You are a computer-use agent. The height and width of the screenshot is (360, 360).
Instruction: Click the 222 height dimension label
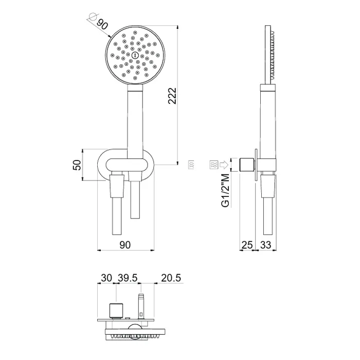point(172,96)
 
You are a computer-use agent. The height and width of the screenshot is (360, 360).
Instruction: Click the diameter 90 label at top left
point(102,24)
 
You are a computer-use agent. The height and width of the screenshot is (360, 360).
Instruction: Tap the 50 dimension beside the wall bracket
point(77,165)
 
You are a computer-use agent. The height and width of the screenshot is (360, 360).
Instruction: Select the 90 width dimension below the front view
point(125,245)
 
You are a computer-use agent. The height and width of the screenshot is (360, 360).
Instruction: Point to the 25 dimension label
point(247,245)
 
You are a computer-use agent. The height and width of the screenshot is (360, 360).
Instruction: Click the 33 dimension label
point(266,245)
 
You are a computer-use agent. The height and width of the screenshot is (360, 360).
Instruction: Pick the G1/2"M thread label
point(225,191)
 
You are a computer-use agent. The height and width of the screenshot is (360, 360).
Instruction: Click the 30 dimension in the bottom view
point(106,278)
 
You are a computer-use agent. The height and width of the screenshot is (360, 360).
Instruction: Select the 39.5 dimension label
point(128,278)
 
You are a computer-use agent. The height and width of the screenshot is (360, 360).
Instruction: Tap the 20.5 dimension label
point(171,278)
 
